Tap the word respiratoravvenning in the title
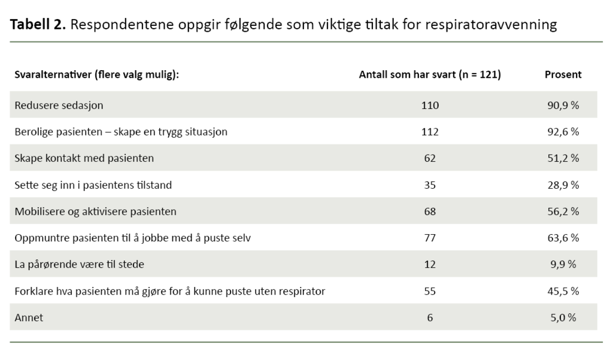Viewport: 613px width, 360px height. pos(497,25)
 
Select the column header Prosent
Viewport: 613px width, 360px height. pos(562,75)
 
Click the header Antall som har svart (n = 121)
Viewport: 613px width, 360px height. pos(429,75)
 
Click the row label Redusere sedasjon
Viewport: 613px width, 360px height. pos(59,105)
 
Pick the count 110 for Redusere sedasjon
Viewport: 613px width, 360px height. pos(430,105)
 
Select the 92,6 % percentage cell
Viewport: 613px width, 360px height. pos(562,132)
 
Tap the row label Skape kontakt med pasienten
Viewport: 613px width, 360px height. pos(84,158)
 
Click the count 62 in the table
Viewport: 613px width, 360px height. pos(430,158)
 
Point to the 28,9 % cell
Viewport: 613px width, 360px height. pos(562,185)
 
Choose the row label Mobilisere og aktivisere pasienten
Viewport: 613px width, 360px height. pos(95,211)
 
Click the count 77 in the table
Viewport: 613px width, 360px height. pos(430,238)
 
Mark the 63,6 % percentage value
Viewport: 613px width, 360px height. pos(562,238)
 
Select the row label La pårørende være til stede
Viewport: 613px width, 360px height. pos(79,264)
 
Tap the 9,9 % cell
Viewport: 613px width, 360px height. pos(562,264)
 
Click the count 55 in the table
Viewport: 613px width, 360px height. pos(430,291)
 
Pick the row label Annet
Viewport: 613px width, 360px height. pos(29,317)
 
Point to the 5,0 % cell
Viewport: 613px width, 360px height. pos(562,317)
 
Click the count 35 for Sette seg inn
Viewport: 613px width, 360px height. pos(430,185)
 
